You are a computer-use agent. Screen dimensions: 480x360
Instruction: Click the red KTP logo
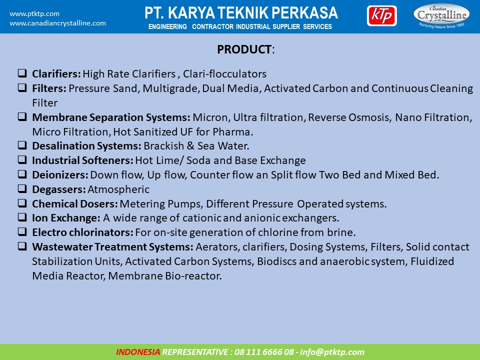coord(381,16)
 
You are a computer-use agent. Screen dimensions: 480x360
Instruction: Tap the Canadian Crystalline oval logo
coord(441,16)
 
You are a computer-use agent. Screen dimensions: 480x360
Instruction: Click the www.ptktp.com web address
coord(34,14)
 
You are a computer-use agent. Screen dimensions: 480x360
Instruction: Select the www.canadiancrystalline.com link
coord(57,23)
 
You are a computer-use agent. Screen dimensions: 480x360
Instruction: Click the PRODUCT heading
coord(244,49)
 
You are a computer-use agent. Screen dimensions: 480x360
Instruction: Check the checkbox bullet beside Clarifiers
coord(22,73)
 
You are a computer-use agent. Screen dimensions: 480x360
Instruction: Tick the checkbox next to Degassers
coord(22,188)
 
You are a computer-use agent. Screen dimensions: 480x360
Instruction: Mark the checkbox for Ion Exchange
coord(22,217)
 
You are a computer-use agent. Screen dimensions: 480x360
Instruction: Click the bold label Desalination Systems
coord(86,145)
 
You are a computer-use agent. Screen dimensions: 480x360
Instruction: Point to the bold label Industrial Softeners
coord(82,160)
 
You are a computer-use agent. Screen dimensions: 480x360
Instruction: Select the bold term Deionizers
coord(60,175)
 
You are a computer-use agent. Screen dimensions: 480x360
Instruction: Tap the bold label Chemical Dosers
coord(75,204)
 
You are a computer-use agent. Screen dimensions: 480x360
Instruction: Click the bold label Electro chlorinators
coord(82,232)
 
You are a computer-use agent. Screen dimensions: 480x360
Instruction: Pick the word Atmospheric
coord(118,189)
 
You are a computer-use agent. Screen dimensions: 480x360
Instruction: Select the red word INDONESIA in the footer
coord(138,352)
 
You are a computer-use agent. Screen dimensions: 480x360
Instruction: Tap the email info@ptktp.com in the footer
coord(332,352)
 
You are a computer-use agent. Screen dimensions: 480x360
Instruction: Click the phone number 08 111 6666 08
coord(264,352)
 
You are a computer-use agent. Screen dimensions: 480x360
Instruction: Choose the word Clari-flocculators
coord(224,74)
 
